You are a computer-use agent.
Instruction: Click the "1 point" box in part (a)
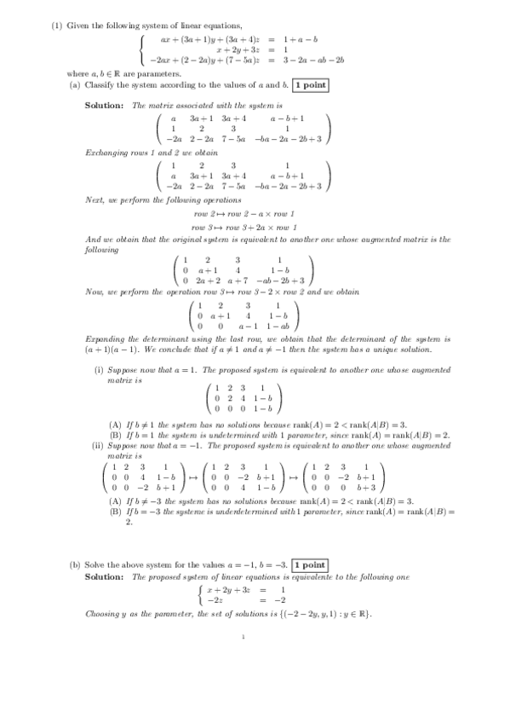tap(310, 85)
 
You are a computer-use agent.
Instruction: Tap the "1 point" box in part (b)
tap(308, 565)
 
